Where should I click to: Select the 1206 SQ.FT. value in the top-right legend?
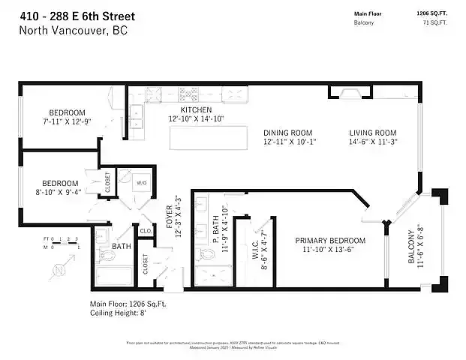431,13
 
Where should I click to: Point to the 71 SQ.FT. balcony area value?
434,23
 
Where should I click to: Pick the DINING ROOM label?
287,133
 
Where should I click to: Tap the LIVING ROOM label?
372,133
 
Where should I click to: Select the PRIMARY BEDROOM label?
329,241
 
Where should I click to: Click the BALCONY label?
410,247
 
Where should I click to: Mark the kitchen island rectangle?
209,138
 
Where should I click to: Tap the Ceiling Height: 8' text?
118,313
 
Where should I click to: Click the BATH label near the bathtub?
122,245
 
